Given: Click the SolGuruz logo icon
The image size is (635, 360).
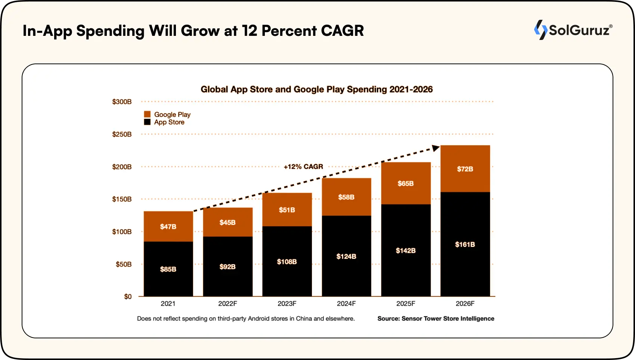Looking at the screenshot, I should (540, 30).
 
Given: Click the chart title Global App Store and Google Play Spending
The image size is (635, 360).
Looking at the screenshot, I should (316, 89).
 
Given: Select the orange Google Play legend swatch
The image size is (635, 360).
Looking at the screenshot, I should (147, 114).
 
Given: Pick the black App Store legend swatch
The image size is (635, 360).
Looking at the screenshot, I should (147, 122).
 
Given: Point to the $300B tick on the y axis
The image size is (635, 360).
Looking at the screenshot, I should (122, 102).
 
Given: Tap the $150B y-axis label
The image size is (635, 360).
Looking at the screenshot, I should (122, 199).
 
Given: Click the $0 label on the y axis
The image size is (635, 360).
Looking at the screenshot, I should (128, 297).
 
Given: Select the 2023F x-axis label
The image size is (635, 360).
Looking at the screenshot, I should (286, 304).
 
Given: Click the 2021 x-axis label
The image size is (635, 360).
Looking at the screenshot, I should (168, 304).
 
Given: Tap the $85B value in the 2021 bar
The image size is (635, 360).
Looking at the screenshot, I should (168, 269).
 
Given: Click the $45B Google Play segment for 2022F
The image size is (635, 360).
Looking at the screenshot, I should (227, 222).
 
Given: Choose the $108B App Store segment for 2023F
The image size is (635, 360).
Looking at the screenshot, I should (286, 261).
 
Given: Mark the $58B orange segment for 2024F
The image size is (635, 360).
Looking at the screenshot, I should (346, 197).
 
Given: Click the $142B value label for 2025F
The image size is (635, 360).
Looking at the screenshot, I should (406, 251).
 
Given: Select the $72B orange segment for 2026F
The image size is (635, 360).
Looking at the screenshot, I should (465, 169).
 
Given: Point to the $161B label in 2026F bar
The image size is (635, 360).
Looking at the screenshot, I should (465, 244).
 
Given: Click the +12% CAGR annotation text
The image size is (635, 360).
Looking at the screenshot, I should (303, 167).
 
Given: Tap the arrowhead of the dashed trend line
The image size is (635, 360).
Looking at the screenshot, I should (436, 148).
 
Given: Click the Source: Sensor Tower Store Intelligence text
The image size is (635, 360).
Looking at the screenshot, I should (436, 319).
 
